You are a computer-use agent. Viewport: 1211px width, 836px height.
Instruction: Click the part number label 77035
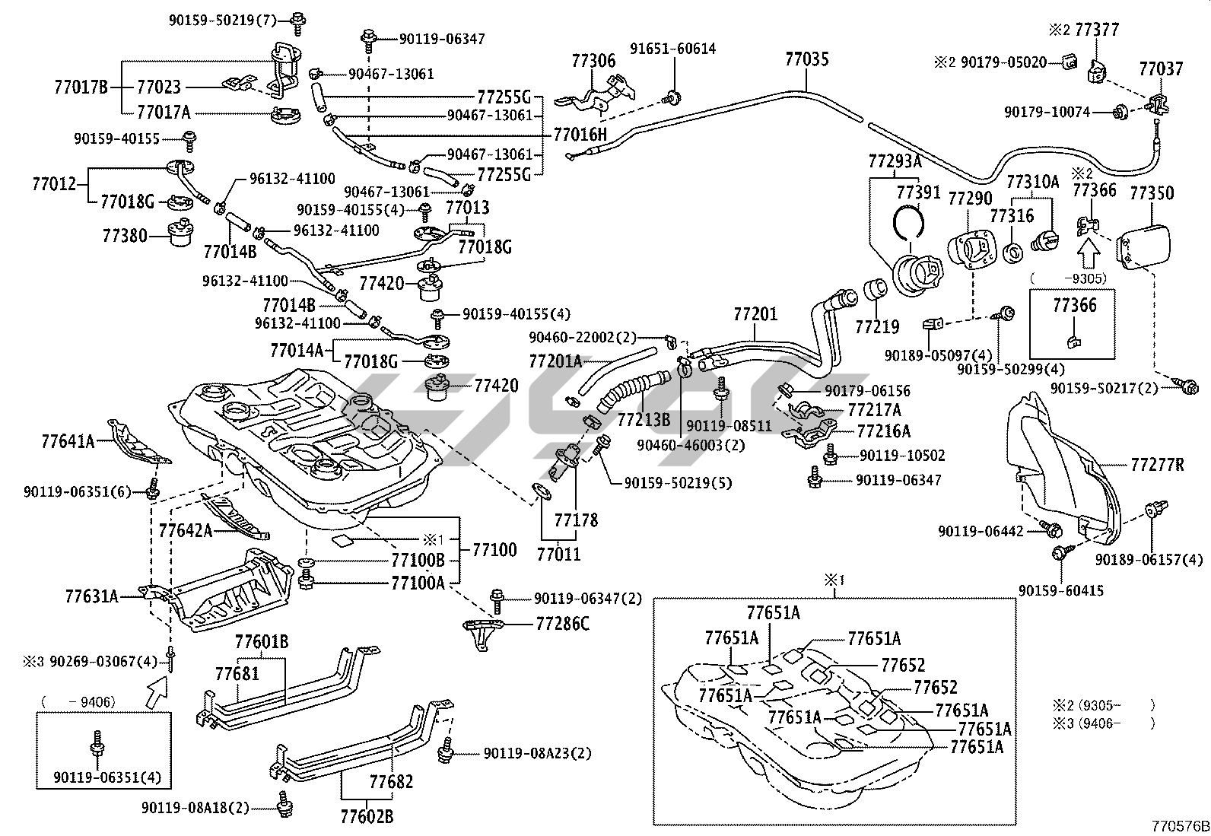click(807, 59)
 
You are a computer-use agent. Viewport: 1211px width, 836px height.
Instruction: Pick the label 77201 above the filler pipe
click(755, 313)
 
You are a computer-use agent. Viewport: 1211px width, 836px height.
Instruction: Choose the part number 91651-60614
click(672, 49)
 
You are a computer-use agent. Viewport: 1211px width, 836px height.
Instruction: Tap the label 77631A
click(92, 596)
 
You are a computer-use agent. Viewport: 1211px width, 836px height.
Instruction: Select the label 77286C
click(562, 625)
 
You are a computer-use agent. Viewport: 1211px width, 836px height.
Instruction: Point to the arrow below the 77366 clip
click(1089, 249)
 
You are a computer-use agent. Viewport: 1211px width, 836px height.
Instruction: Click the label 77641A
click(68, 440)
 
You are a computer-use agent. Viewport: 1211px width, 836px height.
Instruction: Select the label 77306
click(593, 61)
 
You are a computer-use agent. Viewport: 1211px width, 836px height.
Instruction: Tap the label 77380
click(125, 236)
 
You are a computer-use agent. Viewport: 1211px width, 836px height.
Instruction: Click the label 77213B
click(644, 419)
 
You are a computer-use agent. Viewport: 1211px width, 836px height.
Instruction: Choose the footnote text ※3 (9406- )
click(1103, 723)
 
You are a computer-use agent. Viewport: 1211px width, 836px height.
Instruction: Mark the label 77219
click(877, 327)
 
